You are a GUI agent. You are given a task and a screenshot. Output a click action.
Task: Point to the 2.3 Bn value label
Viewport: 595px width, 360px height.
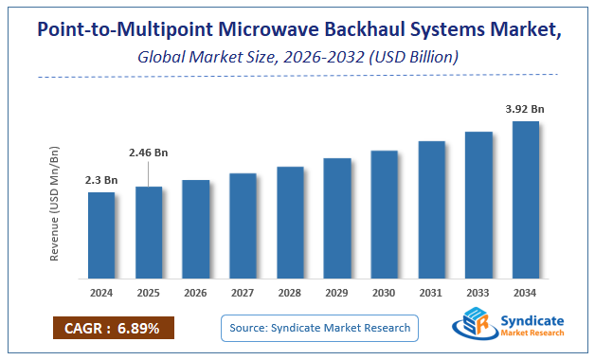pos(101,180)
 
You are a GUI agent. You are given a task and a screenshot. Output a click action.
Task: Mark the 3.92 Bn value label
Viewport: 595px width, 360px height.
pos(525,108)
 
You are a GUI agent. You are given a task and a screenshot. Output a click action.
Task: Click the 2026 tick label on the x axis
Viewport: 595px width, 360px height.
pos(196,292)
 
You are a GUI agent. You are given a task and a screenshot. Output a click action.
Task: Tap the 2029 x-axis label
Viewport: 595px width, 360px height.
pos(337,292)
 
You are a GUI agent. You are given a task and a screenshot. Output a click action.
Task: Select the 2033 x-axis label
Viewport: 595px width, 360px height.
pos(478,292)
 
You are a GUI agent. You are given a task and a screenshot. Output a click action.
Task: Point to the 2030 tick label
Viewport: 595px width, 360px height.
pos(385,292)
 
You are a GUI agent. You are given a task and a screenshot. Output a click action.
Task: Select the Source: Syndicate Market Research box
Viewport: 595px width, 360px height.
pos(321,328)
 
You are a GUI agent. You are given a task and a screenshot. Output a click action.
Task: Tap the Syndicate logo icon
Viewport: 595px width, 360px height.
pos(469,326)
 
